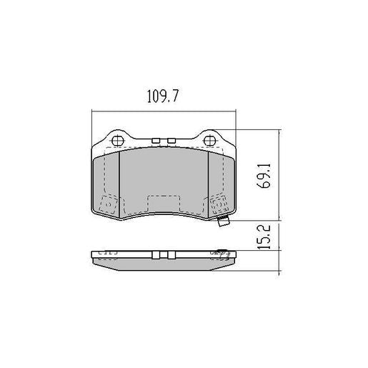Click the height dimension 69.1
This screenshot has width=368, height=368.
click(x=264, y=176)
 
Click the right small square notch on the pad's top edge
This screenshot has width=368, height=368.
click(x=173, y=140)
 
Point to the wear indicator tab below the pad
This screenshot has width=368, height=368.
click(x=223, y=222)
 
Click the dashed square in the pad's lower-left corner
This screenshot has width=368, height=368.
click(x=110, y=205)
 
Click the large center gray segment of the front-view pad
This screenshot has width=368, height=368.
click(x=164, y=179)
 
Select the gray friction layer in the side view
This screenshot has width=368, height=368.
click(x=164, y=263)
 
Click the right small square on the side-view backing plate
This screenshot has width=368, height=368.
click(x=173, y=254)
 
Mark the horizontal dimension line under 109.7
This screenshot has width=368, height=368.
click(x=164, y=112)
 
